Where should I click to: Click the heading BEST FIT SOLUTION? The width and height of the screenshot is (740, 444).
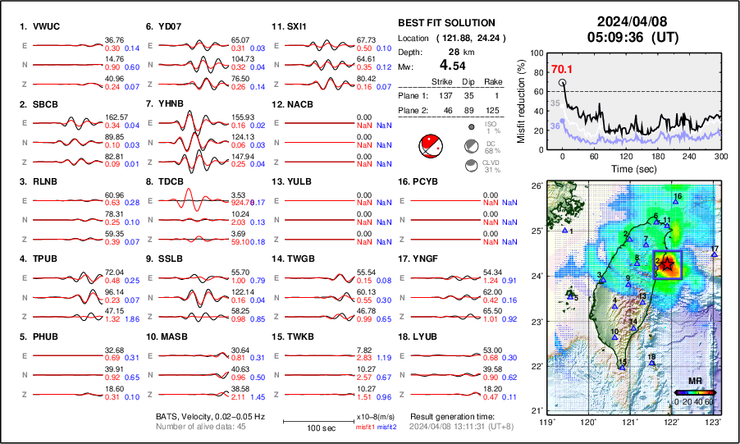pyautogui.click(x=446, y=23)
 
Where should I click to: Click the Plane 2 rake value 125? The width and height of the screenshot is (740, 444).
pyautogui.click(x=496, y=109)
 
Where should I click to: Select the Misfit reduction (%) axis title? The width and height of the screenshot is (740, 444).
pyautogui.click(x=522, y=98)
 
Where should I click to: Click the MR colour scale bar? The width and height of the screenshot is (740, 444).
pyautogui.click(x=694, y=392)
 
